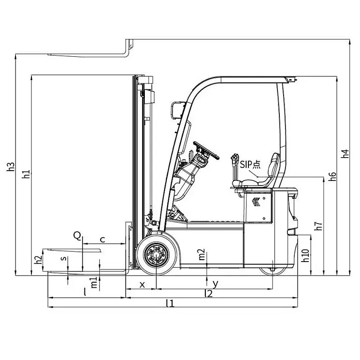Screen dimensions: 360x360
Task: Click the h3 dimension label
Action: [x=11, y=167]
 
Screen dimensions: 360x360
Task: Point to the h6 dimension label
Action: [x=332, y=176]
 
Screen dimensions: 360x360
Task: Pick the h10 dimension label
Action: [x=305, y=255]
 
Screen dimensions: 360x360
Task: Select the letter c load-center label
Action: [x=103, y=240]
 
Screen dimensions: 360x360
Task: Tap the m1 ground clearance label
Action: [x=94, y=283]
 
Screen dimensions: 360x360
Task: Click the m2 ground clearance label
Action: [x=202, y=255]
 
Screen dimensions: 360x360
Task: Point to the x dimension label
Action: [x=141, y=284]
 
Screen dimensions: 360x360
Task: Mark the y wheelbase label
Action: [x=215, y=284]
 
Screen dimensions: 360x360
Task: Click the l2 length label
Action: [x=209, y=293]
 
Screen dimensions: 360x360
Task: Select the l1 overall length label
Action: [x=170, y=303]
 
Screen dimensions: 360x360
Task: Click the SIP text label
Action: [x=250, y=164]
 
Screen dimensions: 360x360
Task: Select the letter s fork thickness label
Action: [x=64, y=258]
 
